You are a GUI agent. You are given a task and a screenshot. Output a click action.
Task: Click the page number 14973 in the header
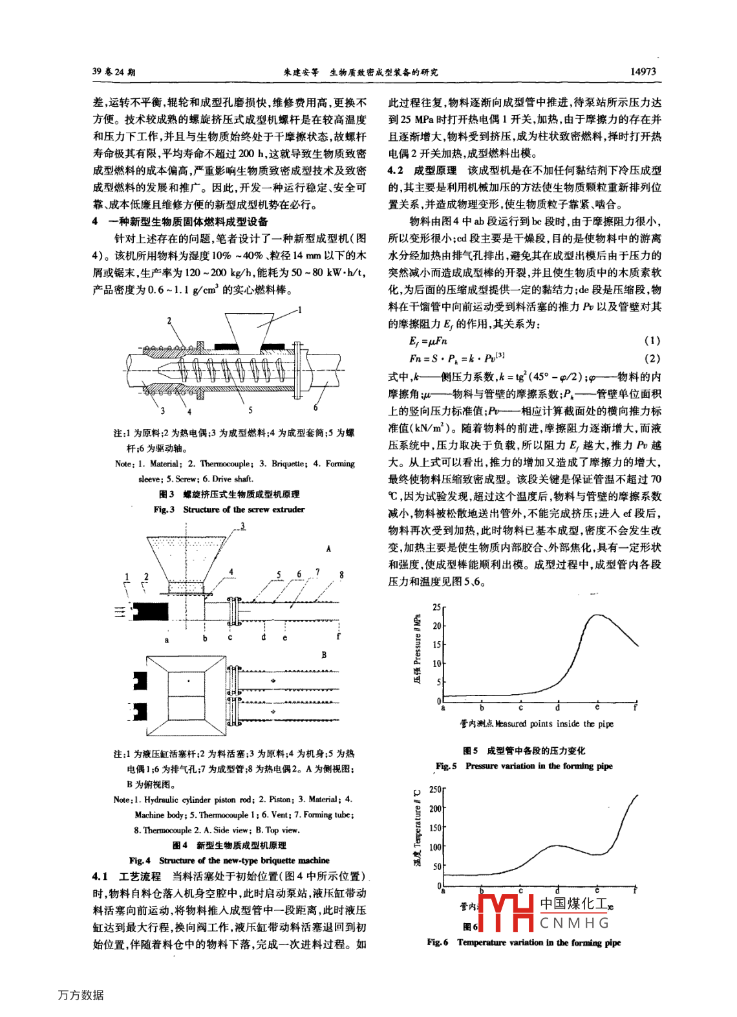click(643, 72)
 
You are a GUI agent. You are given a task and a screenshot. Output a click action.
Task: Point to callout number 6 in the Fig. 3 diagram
click(315, 408)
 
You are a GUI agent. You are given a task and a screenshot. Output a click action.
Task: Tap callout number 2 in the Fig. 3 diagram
click(169, 320)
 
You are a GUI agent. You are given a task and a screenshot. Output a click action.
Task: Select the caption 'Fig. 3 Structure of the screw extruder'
click(229, 509)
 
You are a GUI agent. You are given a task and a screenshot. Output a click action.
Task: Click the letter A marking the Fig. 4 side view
click(328, 549)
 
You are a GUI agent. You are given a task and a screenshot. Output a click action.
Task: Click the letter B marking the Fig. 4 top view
click(324, 655)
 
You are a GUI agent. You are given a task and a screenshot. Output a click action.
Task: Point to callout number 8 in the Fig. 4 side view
click(341, 574)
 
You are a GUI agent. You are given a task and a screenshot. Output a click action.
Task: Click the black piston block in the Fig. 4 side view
click(150, 611)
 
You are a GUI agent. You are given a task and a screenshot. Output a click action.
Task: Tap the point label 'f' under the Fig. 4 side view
click(338, 637)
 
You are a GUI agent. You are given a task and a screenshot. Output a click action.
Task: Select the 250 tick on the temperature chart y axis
click(435, 789)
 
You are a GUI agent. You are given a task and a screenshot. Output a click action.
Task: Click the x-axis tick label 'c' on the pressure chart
click(520, 708)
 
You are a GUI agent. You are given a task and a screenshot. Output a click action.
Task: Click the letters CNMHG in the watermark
click(574, 923)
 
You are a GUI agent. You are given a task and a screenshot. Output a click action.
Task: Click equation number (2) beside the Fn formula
click(652, 358)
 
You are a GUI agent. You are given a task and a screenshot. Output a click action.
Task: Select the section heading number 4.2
click(396, 170)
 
